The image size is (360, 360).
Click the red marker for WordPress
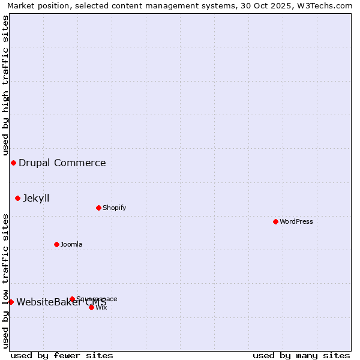(275, 221)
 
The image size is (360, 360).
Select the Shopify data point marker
(98, 208)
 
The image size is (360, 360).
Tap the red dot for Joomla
(56, 244)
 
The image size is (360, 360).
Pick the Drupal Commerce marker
(13, 163)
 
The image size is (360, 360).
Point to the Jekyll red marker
(17, 198)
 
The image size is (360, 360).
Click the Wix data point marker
(91, 307)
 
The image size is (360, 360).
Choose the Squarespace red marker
(72, 299)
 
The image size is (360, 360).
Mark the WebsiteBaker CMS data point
(11, 302)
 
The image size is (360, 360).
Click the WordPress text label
(296, 221)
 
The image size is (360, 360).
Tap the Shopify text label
(114, 208)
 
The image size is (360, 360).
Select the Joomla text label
(71, 244)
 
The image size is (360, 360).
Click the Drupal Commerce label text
(62, 163)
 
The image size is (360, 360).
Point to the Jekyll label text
(36, 198)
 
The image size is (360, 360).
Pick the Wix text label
(101, 307)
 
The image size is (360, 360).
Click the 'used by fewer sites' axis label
(62, 356)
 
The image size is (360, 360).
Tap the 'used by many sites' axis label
(301, 356)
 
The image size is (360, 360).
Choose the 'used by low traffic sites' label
(5, 281)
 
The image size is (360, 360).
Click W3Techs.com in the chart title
(328, 5)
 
